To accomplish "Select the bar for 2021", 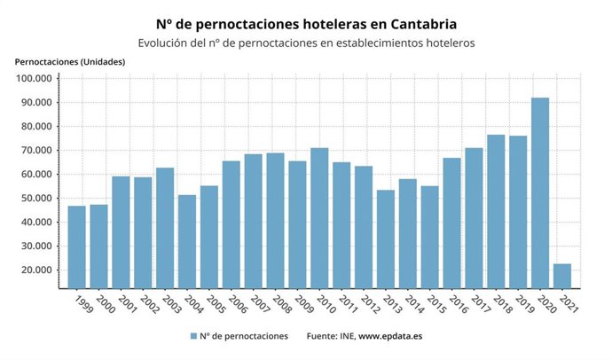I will pos(561,276).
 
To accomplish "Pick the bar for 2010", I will pos(319,217).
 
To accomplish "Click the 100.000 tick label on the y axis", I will pos(35,79).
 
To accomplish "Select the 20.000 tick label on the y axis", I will pos(37,270).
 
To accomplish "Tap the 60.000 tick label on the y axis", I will pos(37,175).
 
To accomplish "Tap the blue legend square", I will pos(192,336).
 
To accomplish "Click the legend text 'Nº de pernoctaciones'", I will pos(244,336).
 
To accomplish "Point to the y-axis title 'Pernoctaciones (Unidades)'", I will pos(70,61).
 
